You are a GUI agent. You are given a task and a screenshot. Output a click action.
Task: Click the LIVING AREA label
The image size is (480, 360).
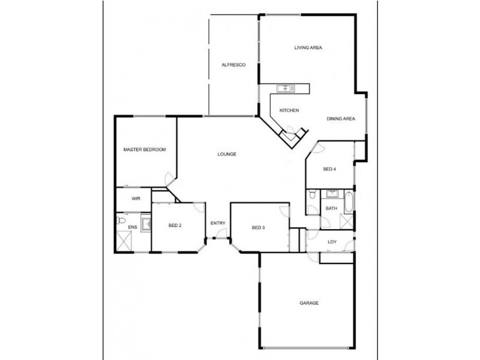[x=309, y=47]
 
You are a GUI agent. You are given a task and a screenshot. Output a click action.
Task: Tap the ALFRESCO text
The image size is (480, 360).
[x=231, y=64]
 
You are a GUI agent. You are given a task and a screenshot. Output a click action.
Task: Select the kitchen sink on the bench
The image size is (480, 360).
[x=286, y=89]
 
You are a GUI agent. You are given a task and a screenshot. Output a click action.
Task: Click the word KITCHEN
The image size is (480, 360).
[x=289, y=110]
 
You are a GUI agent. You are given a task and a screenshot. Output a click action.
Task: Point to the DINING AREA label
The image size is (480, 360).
[x=341, y=119]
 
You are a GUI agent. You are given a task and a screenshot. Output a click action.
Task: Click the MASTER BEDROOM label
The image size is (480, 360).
[x=145, y=149]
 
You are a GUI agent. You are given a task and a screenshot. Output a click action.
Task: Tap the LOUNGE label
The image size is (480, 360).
[x=227, y=154]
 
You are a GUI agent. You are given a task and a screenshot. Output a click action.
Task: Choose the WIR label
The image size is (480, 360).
[x=136, y=198]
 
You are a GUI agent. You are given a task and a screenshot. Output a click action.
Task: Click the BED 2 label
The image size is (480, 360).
[x=175, y=226]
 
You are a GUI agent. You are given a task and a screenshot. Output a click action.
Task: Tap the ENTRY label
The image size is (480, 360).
[x=218, y=224]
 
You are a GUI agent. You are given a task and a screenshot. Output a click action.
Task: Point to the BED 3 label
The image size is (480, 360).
[x=258, y=227]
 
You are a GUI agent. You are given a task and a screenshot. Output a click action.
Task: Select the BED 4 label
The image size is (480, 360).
[x=329, y=169]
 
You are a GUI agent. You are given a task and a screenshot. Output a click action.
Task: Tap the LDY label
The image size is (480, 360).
[x=332, y=242]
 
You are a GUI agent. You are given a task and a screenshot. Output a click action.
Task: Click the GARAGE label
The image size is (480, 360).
[x=309, y=303]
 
